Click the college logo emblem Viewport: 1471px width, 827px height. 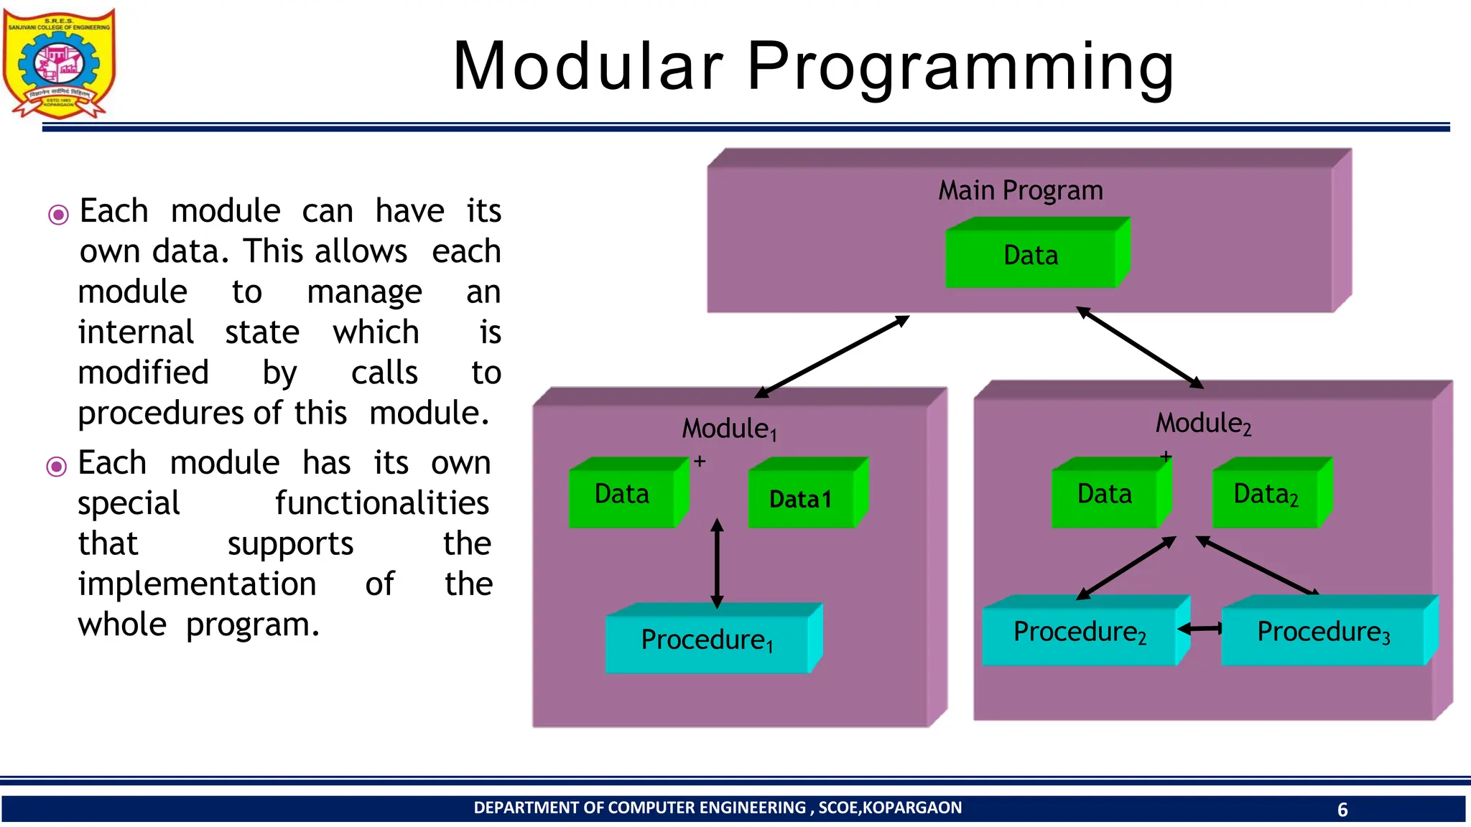point(59,63)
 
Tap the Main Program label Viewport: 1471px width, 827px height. point(1020,190)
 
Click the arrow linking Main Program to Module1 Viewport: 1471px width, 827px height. point(832,357)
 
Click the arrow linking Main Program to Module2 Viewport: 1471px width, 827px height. point(1140,348)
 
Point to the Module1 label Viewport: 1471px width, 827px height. point(728,429)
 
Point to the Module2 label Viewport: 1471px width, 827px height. point(1203,424)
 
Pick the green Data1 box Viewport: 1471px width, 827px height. point(801,499)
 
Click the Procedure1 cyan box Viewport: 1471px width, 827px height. point(707,640)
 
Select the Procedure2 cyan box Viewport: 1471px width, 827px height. point(1079,632)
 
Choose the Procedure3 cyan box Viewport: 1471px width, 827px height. point(1323,632)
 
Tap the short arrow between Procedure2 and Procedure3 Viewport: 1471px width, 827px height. point(1200,629)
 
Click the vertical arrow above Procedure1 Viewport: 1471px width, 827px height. point(717,564)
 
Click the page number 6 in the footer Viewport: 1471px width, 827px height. point(1342,810)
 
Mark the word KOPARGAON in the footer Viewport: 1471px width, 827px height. point(911,808)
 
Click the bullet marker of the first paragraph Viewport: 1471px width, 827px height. point(58,215)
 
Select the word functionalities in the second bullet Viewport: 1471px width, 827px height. point(381,503)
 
